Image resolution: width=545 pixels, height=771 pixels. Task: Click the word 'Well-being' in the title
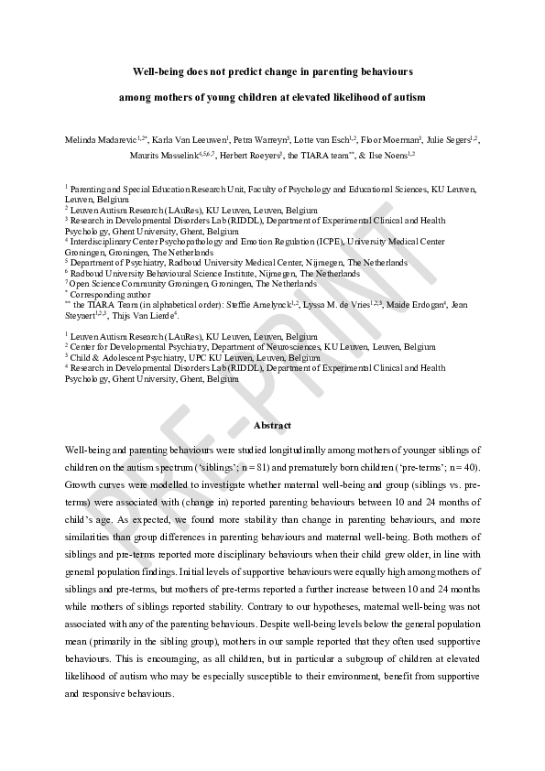(x=158, y=71)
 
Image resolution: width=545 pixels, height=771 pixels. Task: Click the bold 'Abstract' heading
(x=272, y=426)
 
